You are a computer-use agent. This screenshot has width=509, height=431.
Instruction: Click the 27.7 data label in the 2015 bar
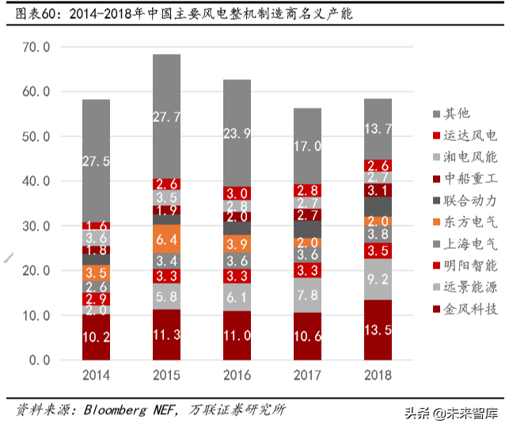(x=166, y=116)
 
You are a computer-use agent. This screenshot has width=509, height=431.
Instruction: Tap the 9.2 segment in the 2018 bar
(x=377, y=279)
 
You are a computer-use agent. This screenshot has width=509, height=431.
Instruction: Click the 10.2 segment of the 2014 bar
(x=96, y=336)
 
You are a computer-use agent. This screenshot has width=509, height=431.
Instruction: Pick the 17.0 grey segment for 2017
(x=306, y=147)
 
